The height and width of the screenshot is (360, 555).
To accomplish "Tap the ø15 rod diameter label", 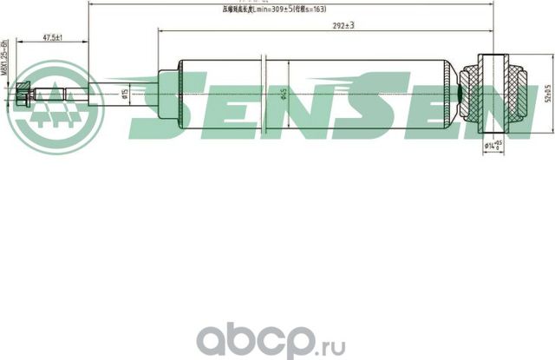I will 127,93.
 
